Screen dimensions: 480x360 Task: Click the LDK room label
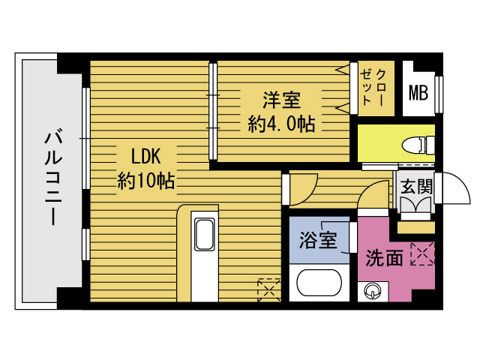145,156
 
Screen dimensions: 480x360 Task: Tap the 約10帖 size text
146,181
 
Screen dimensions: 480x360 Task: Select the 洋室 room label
282,100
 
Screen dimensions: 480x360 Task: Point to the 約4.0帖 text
281,124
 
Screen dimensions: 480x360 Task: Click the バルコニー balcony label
53,178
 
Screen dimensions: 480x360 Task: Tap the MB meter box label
418,92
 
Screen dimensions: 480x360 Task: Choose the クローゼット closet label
373,88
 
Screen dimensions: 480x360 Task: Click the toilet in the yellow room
418,145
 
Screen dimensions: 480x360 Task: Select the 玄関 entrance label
416,186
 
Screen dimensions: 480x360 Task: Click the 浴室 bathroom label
318,240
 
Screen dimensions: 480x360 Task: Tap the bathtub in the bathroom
319,283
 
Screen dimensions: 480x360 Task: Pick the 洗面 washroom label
384,258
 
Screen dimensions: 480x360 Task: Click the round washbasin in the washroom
373,291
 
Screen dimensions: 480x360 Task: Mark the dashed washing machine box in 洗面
422,253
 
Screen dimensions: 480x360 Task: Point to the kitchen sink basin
205,235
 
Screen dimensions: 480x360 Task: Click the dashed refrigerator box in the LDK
269,289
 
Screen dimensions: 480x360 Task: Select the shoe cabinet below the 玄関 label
416,205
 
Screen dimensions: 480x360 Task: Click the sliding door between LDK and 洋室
213,112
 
